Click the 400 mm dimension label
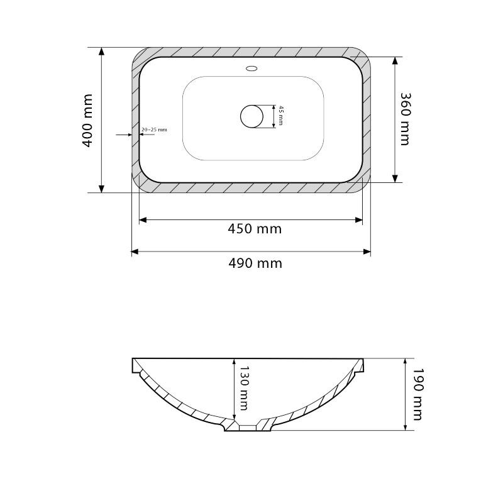tap(87, 121)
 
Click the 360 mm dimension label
tap(406, 119)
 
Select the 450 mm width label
tap(255, 229)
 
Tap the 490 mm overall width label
tap(255, 263)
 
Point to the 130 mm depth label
tap(244, 388)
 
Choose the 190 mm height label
tap(417, 394)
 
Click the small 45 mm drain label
tap(280, 115)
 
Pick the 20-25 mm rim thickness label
tap(154, 130)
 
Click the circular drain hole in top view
tap(252, 116)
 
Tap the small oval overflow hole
tap(252, 69)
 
